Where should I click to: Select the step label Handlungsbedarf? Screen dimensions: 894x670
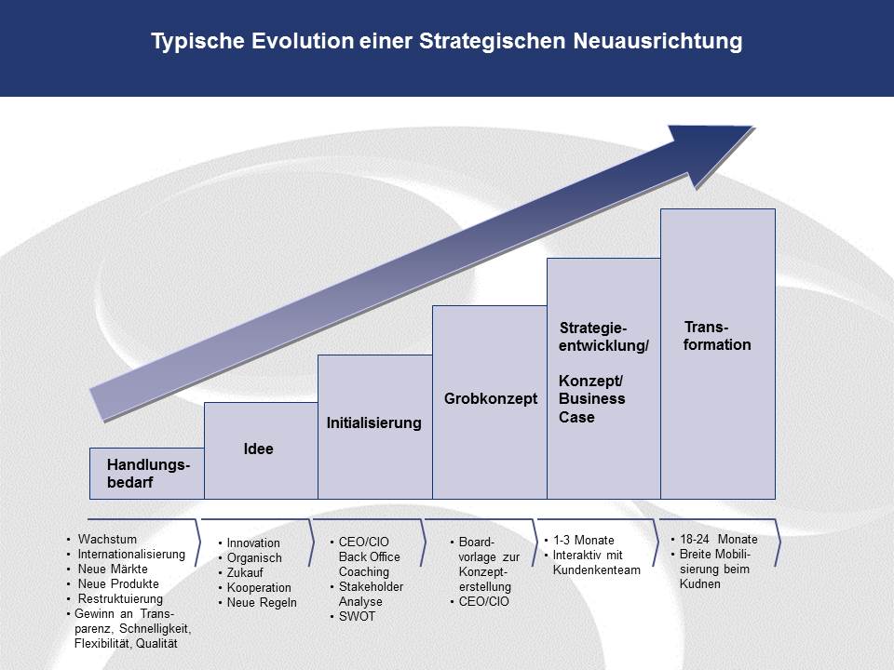tap(148, 474)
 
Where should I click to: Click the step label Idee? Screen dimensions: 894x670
tap(258, 449)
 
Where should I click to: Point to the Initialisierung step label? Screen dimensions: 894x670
tap(374, 422)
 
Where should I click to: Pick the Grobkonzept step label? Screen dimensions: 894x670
tap(491, 399)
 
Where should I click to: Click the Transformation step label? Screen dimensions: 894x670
tap(717, 336)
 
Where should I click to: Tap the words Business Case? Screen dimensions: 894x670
tap(592, 408)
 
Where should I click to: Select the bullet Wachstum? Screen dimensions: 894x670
tap(107, 539)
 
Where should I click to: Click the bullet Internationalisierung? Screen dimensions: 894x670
tap(131, 554)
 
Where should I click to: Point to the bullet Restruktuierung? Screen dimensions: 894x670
tap(120, 598)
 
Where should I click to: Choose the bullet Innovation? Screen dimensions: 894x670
tap(253, 543)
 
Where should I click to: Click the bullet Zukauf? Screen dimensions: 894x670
tap(245, 572)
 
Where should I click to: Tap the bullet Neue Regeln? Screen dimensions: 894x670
tap(262, 602)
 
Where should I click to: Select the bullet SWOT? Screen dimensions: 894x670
tap(357, 616)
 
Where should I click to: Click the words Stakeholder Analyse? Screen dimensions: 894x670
tap(372, 595)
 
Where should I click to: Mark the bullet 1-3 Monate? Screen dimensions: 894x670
tap(583, 540)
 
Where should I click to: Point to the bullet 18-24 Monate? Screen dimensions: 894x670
tap(718, 539)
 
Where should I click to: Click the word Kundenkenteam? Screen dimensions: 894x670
tap(596, 569)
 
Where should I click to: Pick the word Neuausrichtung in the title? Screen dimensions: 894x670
tap(657, 41)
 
